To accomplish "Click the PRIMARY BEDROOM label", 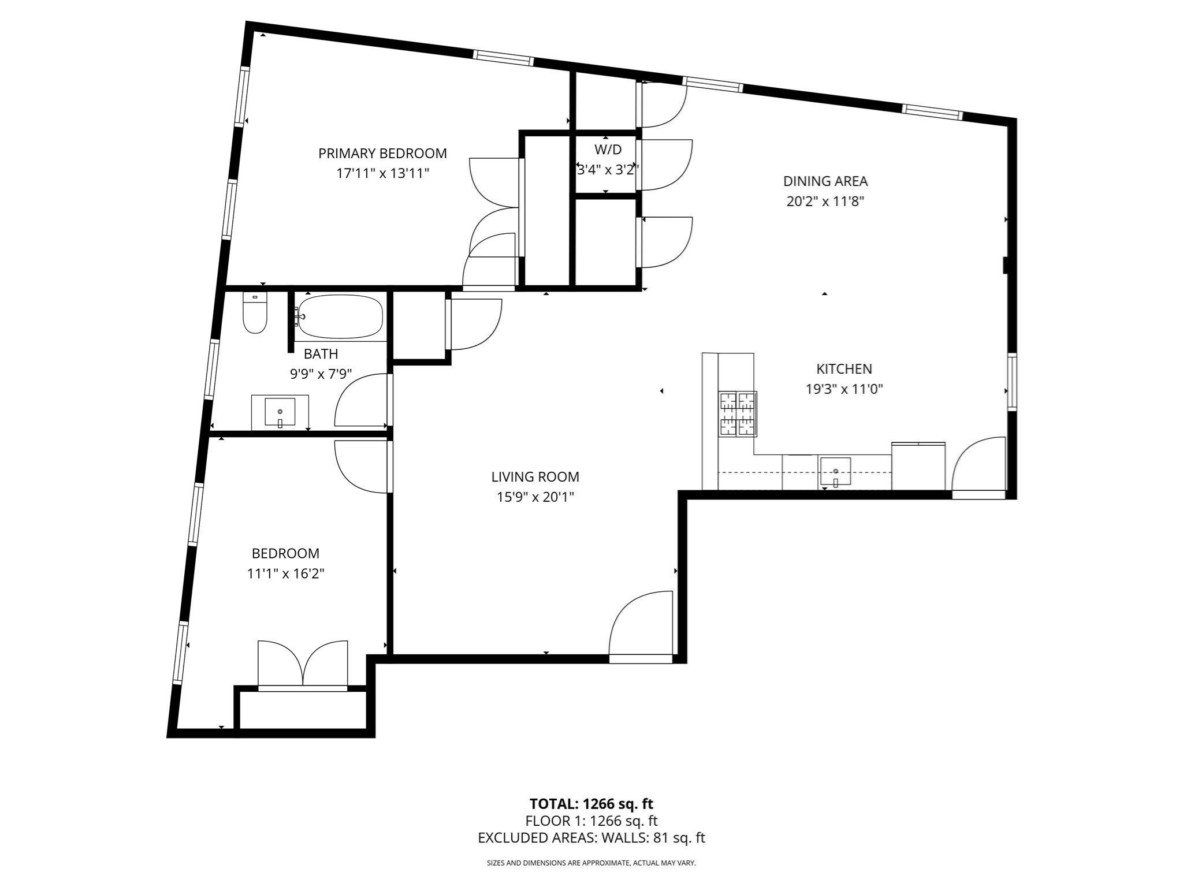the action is tap(382, 154).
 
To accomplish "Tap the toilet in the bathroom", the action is tap(255, 313).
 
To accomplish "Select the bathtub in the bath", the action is tap(340, 317).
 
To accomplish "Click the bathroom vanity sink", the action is tap(280, 412).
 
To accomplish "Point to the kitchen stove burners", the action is tap(738, 413).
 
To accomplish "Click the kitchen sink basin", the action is tap(835, 471).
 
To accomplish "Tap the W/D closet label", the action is tap(608, 150).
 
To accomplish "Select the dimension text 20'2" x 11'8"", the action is tap(825, 202).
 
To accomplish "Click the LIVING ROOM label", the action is tap(535, 477).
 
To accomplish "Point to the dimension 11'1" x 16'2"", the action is tap(285, 574).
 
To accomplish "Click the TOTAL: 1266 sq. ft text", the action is tap(591, 804).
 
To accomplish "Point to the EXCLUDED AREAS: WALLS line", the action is tap(591, 838).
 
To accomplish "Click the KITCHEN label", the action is tap(844, 369).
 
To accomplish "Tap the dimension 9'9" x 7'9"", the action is tap(321, 374).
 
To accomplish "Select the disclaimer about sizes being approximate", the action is tap(591, 863).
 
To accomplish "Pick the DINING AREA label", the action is tap(825, 181).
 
